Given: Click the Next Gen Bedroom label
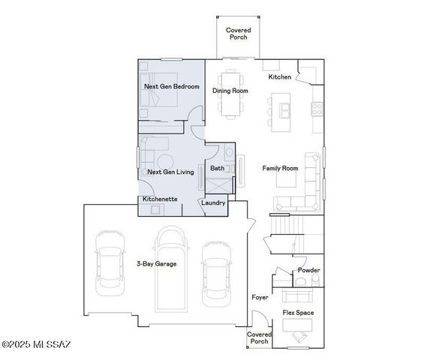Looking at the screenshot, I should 172,87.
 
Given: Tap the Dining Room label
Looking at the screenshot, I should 230,91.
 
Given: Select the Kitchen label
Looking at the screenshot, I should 280,77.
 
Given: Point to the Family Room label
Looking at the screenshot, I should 280,168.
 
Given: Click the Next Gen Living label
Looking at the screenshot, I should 170,172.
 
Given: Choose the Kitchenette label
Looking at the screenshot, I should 160,199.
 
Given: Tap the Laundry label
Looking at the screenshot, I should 214,202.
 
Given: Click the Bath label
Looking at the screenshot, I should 218,169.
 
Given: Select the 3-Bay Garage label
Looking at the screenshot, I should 157,264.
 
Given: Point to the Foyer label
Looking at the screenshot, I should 260,298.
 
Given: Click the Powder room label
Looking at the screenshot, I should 308,270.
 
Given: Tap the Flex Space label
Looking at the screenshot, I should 298,313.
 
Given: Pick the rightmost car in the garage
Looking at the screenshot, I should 215,270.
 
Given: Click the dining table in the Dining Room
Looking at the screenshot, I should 230,94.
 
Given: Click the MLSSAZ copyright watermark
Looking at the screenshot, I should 36,345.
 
